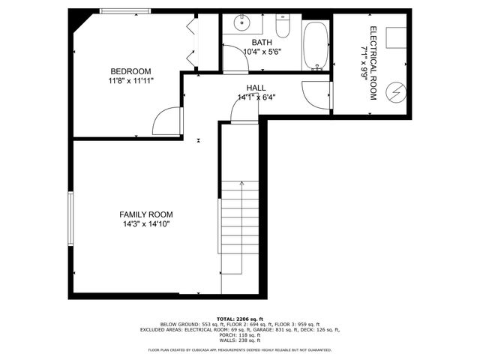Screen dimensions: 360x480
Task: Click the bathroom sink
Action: [241, 22]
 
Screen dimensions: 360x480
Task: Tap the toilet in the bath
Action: [283, 27]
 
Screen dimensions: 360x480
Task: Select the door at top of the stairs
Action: [244, 111]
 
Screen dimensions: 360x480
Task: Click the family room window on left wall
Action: [70, 218]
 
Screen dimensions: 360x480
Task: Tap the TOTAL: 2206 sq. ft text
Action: [240, 319]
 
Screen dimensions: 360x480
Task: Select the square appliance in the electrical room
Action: [395, 38]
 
